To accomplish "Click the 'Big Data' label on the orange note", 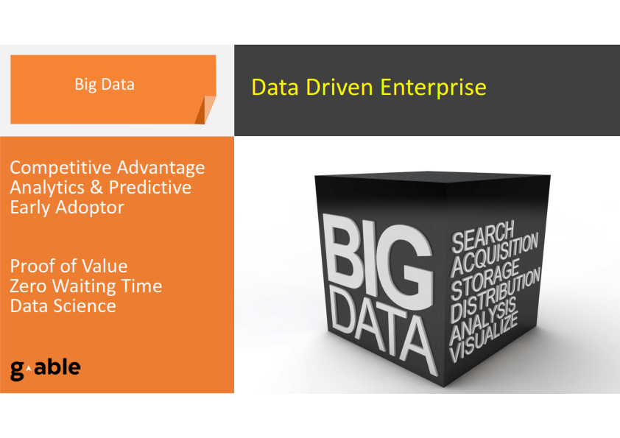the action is point(105,85).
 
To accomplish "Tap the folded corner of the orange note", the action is point(205,110).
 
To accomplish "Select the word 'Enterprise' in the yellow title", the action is point(433,88).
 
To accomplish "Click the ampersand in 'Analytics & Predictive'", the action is point(96,188).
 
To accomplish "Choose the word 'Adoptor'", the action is point(90,208).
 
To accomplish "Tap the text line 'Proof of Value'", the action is point(68,266).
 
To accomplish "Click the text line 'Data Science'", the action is point(63,306).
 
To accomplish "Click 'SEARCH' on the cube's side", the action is point(482,236).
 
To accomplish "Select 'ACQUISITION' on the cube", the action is point(494,254).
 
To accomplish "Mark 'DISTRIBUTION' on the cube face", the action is point(495,295).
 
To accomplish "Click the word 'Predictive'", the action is point(150,188).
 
